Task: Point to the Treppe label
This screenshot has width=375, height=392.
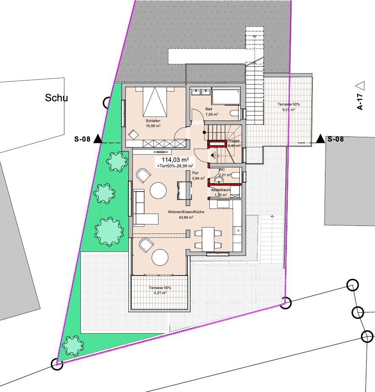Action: (x=234, y=141)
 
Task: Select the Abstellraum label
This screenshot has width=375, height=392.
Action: (x=221, y=190)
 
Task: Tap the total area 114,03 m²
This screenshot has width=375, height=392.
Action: (x=175, y=160)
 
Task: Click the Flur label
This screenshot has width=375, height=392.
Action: (x=195, y=173)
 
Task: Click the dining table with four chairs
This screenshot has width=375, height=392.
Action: (x=208, y=239)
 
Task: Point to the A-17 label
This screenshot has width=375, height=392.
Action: (x=360, y=102)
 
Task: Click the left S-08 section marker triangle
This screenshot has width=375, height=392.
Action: (x=98, y=139)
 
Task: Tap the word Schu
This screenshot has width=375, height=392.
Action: (x=56, y=98)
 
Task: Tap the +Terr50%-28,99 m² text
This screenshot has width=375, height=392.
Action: (x=175, y=166)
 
